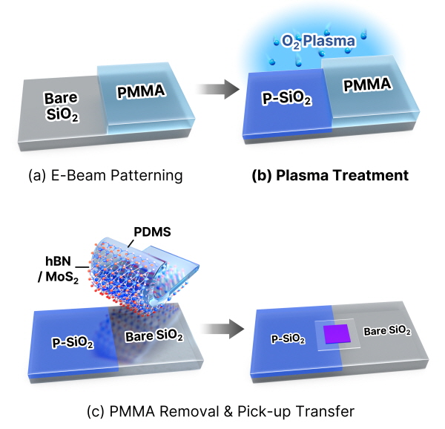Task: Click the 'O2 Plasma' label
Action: (318, 42)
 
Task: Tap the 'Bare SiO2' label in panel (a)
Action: (62, 107)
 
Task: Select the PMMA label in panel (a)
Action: (141, 91)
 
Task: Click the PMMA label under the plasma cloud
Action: (367, 85)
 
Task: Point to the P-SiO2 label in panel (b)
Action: (286, 99)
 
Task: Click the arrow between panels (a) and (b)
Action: (217, 89)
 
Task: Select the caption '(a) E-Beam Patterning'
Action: (105, 175)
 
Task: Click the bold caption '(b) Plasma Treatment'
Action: (330, 175)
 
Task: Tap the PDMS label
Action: (152, 232)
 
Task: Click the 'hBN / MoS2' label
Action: (58, 269)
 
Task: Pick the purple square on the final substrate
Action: (337, 334)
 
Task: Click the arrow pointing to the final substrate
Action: (222, 329)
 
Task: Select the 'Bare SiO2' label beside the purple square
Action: (387, 331)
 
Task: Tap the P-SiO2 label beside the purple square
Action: (288, 339)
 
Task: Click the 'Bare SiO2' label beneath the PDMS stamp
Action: (154, 336)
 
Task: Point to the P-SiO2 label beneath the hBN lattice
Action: (73, 343)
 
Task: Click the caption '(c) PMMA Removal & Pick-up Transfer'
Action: (220, 411)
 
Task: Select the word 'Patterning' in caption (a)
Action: (146, 175)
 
